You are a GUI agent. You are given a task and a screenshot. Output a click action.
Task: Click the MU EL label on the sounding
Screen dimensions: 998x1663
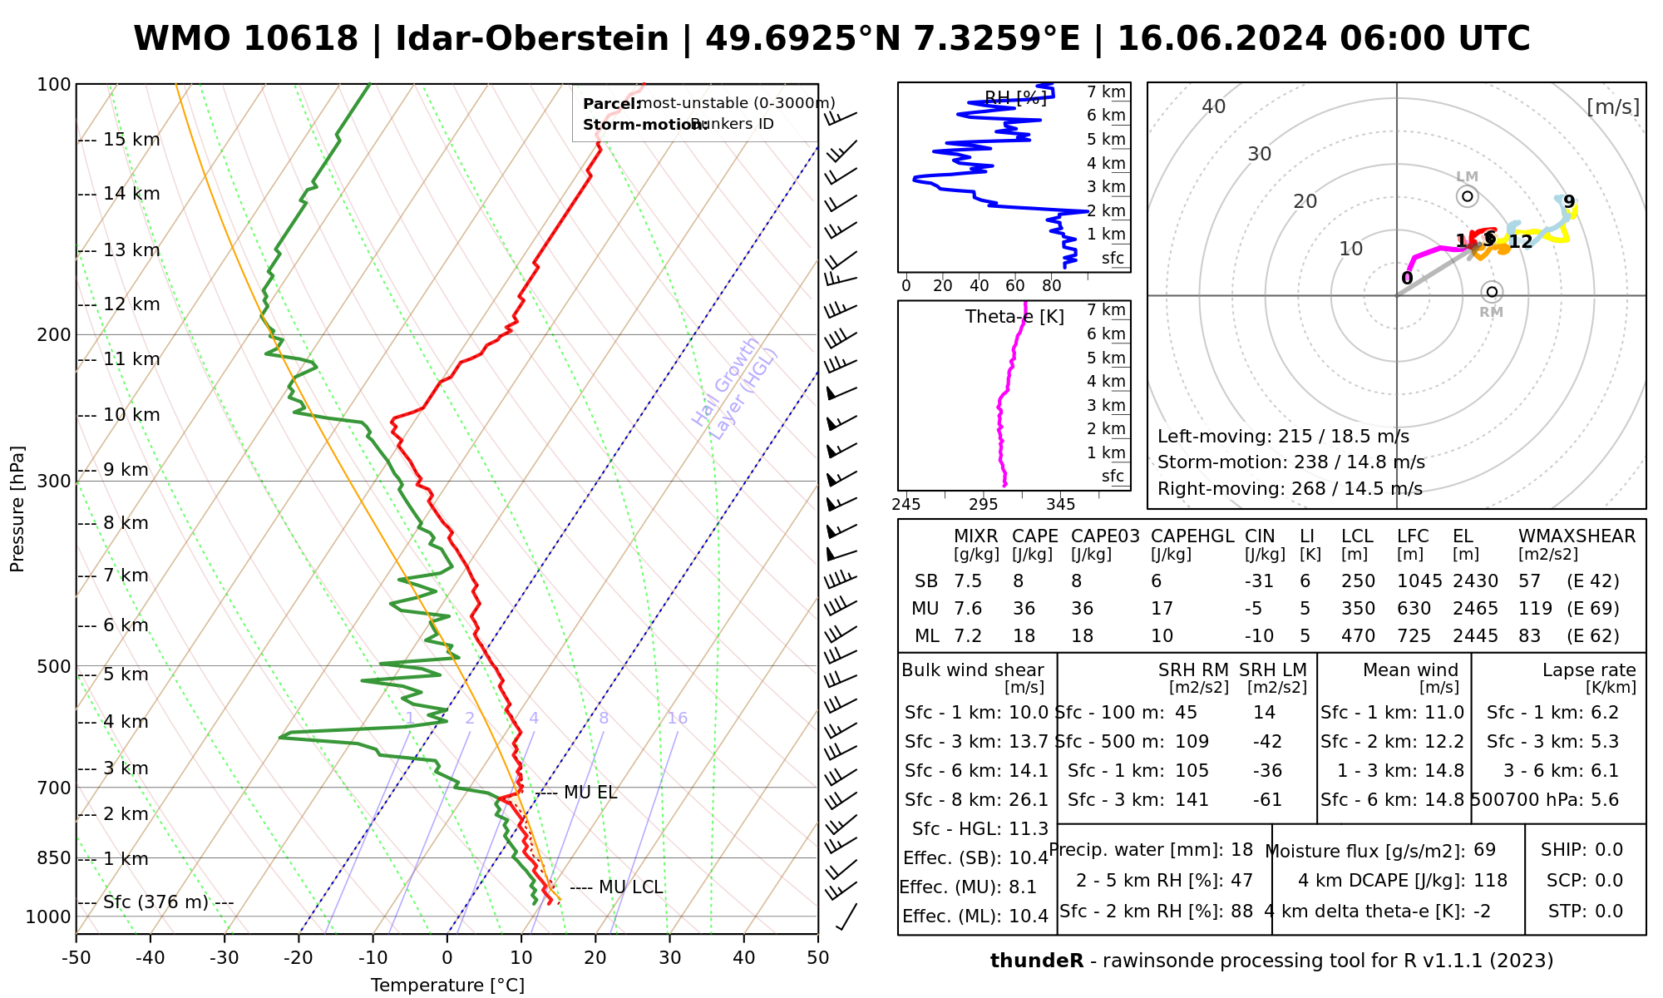tap(590, 793)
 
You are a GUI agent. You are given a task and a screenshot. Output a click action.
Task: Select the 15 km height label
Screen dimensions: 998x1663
tap(131, 140)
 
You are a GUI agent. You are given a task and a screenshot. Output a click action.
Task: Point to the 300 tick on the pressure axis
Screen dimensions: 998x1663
tap(55, 482)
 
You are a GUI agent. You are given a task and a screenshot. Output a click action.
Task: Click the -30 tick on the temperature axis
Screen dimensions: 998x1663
tap(225, 958)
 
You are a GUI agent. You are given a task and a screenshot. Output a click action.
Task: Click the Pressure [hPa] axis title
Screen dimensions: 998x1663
tap(17, 509)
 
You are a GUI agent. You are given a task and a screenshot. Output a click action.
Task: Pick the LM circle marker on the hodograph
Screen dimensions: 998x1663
tap(1468, 196)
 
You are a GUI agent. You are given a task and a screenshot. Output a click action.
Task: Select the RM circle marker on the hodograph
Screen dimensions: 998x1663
tap(1492, 292)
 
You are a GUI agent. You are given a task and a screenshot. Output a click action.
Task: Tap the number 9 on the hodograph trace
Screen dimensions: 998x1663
tap(1569, 202)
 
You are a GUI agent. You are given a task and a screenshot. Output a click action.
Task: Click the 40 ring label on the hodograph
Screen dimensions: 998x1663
tap(1214, 106)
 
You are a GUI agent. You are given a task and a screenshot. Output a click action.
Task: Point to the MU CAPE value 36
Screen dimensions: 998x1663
tap(1024, 609)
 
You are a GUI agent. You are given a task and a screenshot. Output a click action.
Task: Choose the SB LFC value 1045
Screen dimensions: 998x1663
tap(1414, 581)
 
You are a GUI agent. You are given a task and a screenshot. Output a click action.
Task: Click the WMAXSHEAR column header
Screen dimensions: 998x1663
tap(1577, 536)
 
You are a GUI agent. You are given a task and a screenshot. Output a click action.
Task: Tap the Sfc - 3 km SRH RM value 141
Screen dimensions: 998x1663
tap(1192, 800)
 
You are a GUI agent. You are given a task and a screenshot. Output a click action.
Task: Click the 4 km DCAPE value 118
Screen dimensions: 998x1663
tap(1491, 881)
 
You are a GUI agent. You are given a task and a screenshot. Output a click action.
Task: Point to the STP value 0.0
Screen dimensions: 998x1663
tap(1608, 912)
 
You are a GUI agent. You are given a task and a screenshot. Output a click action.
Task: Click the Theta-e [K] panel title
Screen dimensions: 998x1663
tap(1014, 317)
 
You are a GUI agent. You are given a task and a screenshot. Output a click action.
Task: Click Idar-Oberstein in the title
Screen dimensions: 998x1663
tap(532, 39)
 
